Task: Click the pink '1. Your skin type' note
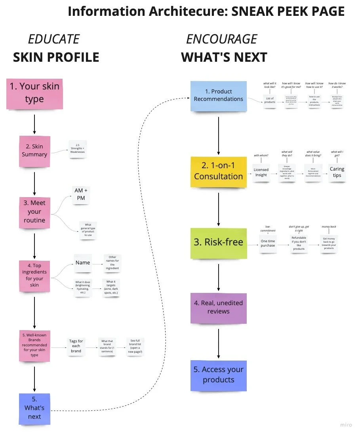tap(34, 93)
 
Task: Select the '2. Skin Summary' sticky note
tap(34, 151)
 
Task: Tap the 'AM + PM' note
tap(81, 194)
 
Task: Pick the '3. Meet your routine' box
tap(34, 212)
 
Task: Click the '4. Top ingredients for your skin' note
tap(34, 275)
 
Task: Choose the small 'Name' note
tap(83, 263)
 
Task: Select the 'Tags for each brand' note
tap(76, 346)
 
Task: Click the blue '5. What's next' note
tap(34, 408)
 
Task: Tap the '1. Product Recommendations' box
tap(219, 95)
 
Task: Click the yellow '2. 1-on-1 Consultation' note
tap(219, 172)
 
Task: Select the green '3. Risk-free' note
tap(219, 243)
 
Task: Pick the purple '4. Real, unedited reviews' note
tap(219, 308)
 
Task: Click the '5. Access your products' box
tap(219, 375)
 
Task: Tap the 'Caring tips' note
tap(337, 172)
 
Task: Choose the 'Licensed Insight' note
tap(261, 172)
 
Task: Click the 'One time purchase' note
tap(268, 243)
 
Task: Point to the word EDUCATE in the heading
tap(53, 39)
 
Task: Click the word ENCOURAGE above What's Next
tap(221, 39)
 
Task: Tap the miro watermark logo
tap(346, 425)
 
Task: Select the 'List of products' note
tap(270, 101)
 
